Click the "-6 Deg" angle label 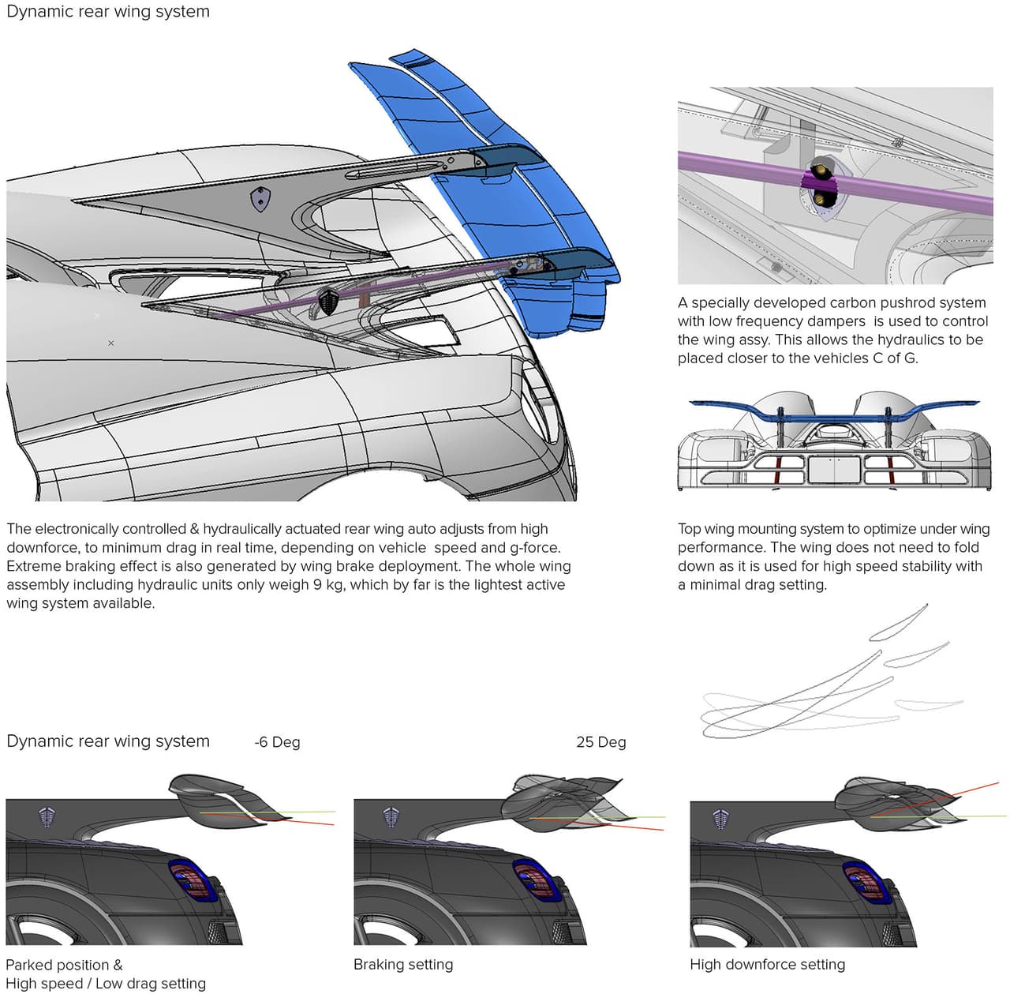277,742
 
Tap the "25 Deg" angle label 600,742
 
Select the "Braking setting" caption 403,964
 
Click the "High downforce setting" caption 767,964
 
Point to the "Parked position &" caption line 64,964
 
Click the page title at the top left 108,12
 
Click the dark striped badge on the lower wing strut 328,301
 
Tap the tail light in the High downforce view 866,883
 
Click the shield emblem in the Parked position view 48,817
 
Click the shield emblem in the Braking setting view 391,817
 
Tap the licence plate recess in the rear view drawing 834,469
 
